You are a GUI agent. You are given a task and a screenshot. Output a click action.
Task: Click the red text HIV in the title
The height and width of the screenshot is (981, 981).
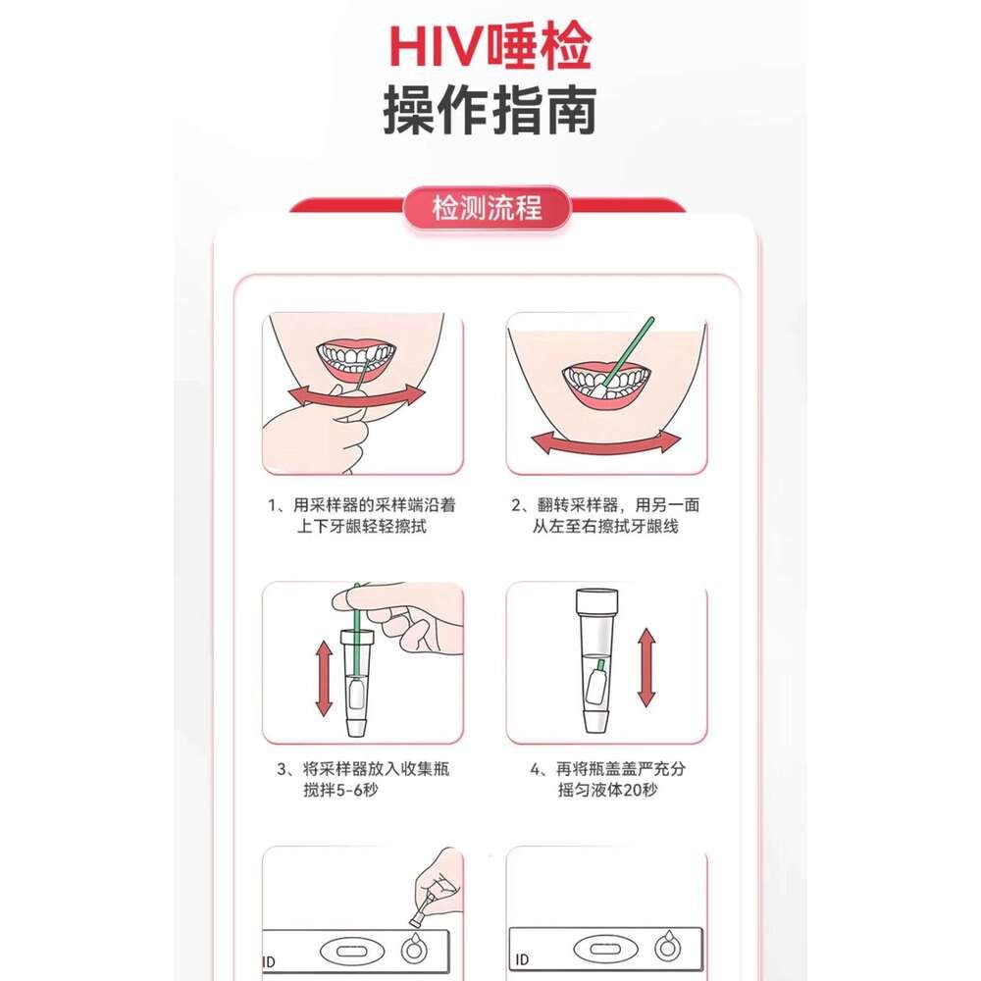point(438,46)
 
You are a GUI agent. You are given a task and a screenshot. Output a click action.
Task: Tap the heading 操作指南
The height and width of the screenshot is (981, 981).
point(490,112)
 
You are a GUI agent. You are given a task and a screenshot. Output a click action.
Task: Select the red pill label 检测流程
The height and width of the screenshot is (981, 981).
point(487,208)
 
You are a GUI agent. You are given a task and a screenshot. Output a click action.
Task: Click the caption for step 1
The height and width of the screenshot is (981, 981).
point(362,516)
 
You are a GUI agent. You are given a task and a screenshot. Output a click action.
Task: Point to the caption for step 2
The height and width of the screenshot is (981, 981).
point(605,516)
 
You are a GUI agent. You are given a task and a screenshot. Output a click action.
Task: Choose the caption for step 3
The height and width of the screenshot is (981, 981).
point(363,779)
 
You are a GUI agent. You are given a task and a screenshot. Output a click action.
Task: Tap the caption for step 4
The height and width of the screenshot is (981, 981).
point(607,779)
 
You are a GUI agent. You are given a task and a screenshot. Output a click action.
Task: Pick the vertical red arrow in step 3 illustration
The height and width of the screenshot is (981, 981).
point(324,678)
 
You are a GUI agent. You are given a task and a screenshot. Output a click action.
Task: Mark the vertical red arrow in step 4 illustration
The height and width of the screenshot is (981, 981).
point(646,668)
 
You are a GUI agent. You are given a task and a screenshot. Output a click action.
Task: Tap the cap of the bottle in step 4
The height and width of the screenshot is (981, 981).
point(596,599)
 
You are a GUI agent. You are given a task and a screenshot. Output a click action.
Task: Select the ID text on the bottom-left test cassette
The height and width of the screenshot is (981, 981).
point(269,961)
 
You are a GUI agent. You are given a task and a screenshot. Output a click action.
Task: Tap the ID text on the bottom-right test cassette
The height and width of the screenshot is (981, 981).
point(522,959)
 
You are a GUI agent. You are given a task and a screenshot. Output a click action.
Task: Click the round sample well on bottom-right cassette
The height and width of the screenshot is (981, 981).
point(667,949)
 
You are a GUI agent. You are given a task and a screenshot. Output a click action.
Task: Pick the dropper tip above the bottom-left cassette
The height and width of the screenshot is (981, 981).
point(416,920)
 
